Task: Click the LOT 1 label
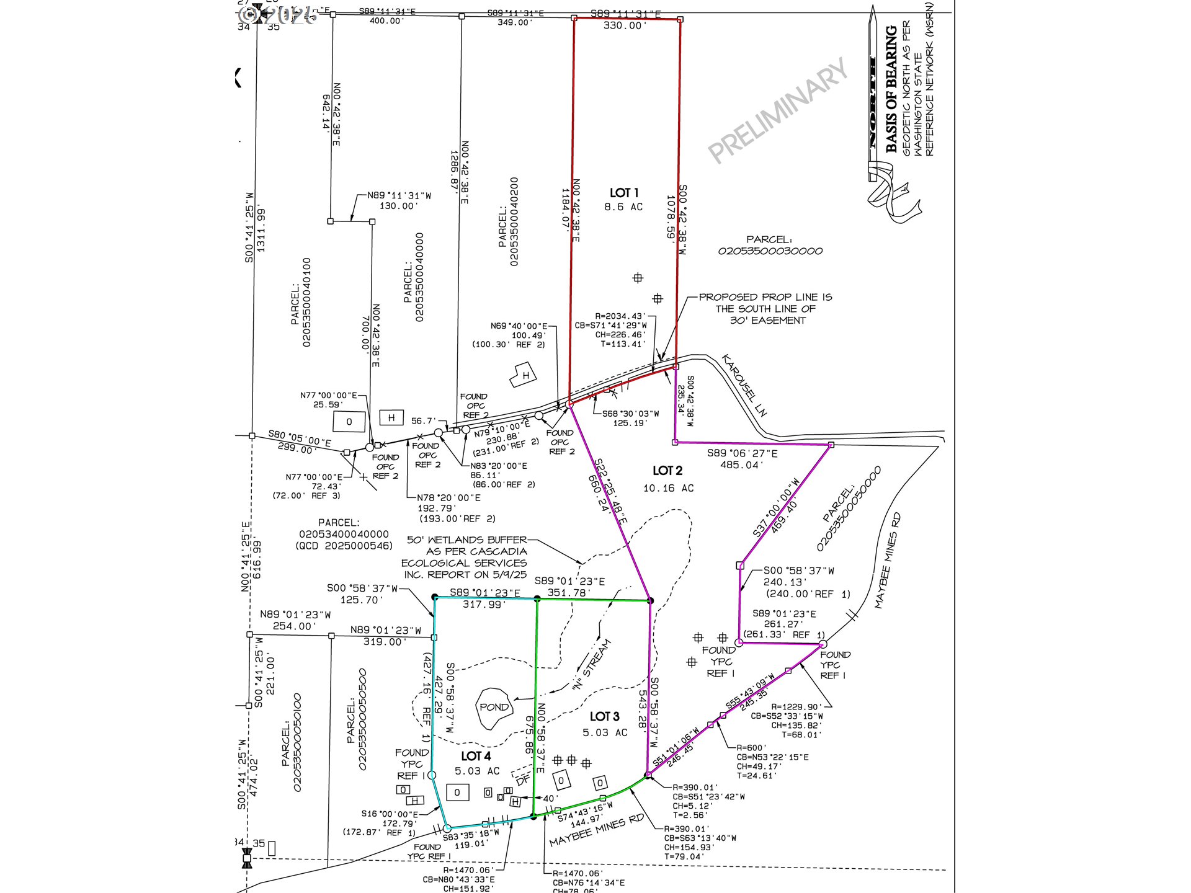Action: [623, 193]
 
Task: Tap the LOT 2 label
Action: [667, 471]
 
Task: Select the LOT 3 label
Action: [604, 717]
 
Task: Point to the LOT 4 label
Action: [476, 756]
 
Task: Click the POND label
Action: [494, 707]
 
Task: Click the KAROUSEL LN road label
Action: [744, 385]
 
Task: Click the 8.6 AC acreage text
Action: [623, 207]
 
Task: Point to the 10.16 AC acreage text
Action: [668, 489]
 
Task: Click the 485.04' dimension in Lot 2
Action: [741, 465]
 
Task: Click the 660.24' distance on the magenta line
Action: [599, 494]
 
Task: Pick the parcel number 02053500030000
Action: [770, 251]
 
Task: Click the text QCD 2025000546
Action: [344, 546]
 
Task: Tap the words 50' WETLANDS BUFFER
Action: [466, 540]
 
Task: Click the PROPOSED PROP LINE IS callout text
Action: [765, 297]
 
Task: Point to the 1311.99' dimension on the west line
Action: [261, 229]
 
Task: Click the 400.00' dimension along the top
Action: [386, 21]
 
